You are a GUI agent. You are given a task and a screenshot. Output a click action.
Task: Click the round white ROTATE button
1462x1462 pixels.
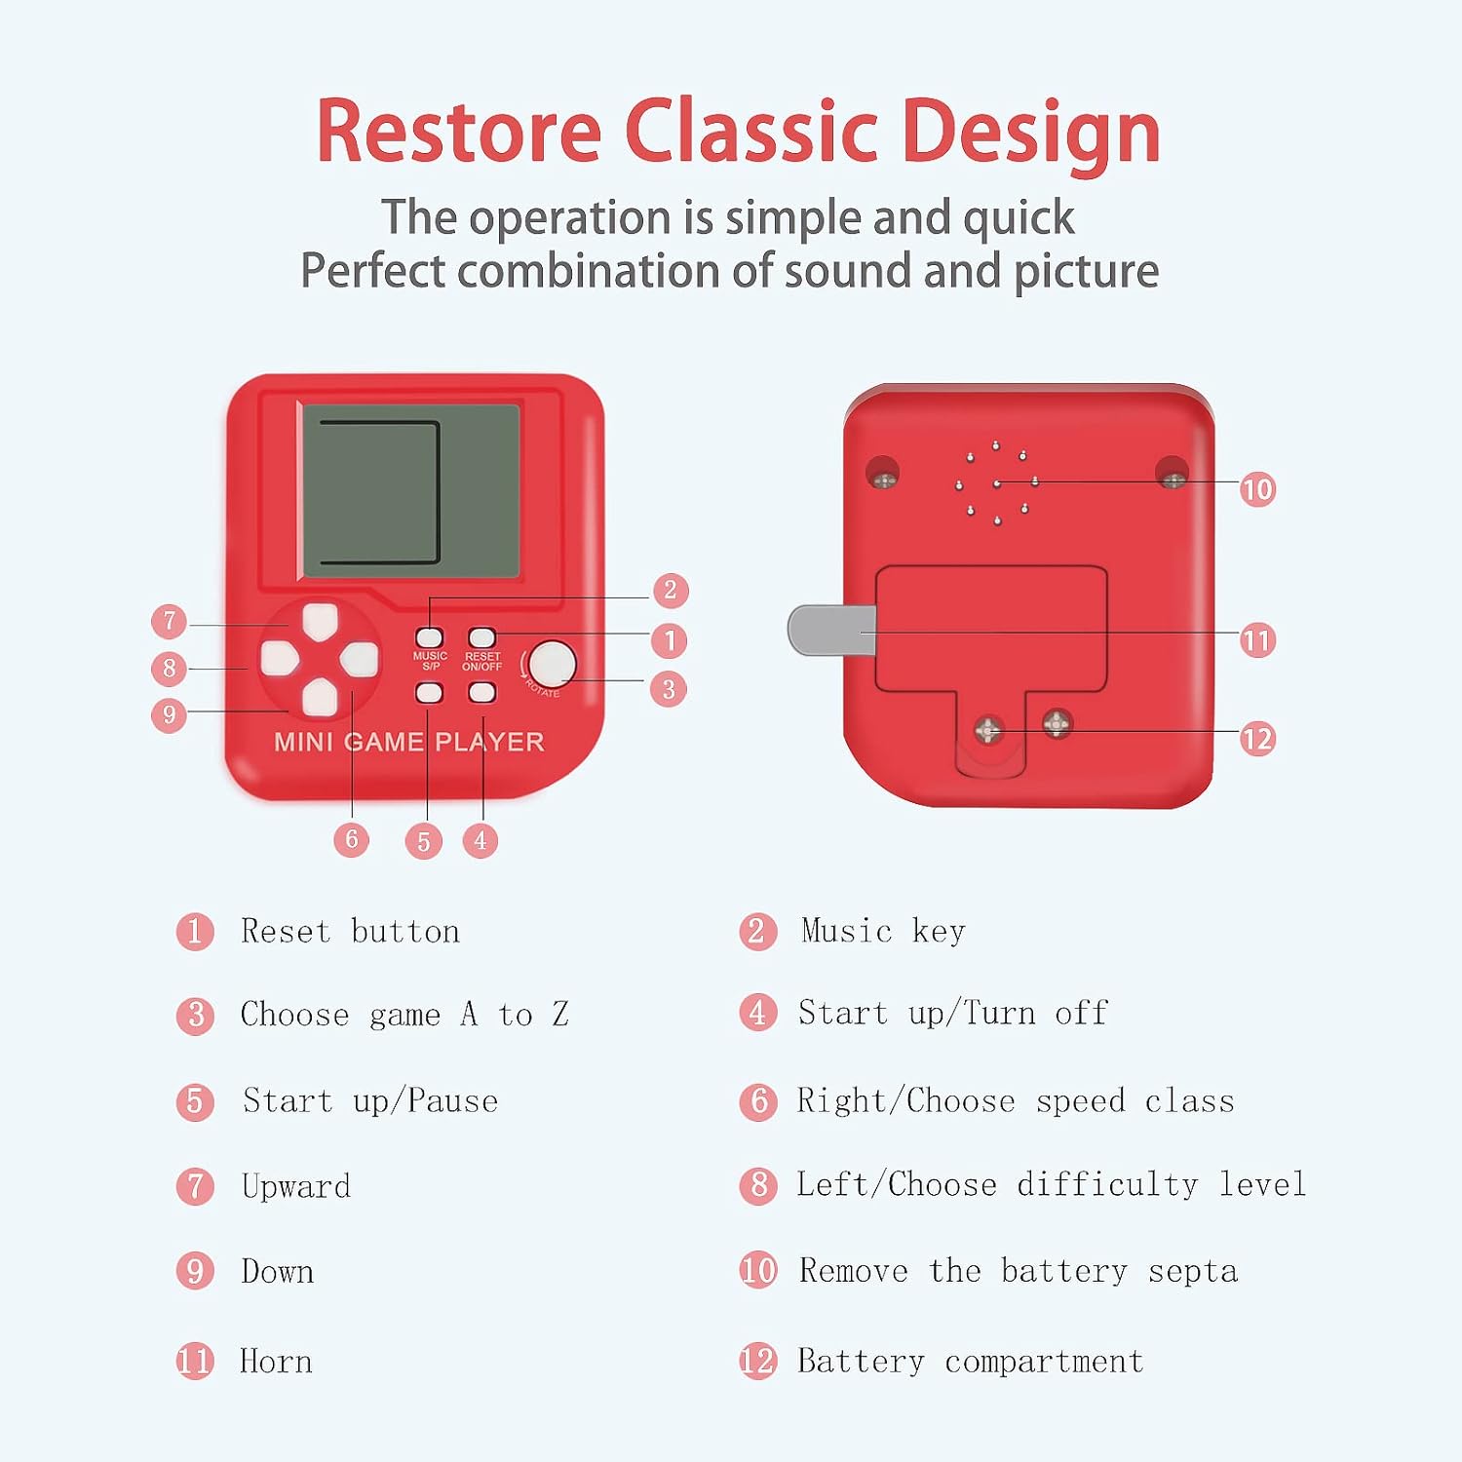[x=553, y=664]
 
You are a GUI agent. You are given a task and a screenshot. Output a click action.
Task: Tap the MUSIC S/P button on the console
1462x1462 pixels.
[x=430, y=637]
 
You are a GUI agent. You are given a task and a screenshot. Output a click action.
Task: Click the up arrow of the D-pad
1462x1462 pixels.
[x=320, y=621]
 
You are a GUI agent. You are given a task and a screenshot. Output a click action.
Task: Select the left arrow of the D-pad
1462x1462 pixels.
[x=280, y=659]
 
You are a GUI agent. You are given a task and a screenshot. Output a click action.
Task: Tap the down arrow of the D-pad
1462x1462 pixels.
[x=320, y=696]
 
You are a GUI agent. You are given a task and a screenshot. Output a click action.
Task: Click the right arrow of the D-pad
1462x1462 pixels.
[x=359, y=659]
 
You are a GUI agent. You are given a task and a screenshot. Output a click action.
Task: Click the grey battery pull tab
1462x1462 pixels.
[x=831, y=630]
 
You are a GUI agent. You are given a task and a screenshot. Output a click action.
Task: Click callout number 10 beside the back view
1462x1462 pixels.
[x=1257, y=488]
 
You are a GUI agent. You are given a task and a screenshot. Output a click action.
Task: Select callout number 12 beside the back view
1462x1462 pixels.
[x=1257, y=739]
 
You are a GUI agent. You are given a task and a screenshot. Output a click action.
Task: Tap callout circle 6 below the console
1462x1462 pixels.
[x=351, y=839]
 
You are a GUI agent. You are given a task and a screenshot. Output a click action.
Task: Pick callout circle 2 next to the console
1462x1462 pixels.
[x=670, y=590]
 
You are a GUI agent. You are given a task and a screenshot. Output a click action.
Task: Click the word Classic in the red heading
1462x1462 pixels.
[x=751, y=132]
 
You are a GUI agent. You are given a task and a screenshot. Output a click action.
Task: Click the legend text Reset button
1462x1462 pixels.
[x=350, y=932]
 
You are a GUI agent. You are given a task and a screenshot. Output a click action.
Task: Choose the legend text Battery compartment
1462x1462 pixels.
[x=971, y=1362]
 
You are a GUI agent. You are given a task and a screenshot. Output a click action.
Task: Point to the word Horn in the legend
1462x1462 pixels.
[x=277, y=1362]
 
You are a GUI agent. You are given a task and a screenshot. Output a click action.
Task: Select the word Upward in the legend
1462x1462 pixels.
[x=296, y=1187]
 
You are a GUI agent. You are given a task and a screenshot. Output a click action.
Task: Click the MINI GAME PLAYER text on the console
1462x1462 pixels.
[x=409, y=742]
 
